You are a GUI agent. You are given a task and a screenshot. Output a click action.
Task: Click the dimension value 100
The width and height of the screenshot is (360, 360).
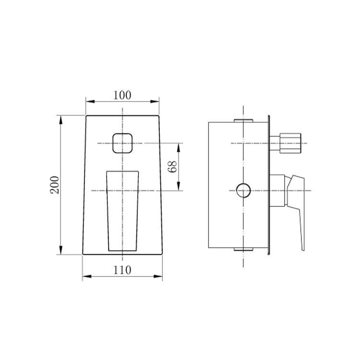click(122, 96)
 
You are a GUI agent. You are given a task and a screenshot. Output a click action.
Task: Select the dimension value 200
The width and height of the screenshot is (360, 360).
click(55, 185)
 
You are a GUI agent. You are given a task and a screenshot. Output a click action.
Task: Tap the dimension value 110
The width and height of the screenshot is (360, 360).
click(122, 270)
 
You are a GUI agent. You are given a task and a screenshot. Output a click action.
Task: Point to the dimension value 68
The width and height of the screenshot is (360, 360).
click(172, 167)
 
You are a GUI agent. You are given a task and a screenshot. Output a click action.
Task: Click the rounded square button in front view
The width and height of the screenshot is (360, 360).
click(122, 143)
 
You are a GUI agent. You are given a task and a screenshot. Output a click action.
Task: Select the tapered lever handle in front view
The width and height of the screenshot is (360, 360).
click(122, 211)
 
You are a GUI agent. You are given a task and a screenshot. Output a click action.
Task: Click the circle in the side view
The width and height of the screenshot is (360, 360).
click(243, 191)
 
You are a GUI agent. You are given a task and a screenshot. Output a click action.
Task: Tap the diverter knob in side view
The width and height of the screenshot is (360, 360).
click(285, 143)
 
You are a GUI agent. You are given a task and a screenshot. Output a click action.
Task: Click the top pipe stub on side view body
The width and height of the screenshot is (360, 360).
click(243, 120)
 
